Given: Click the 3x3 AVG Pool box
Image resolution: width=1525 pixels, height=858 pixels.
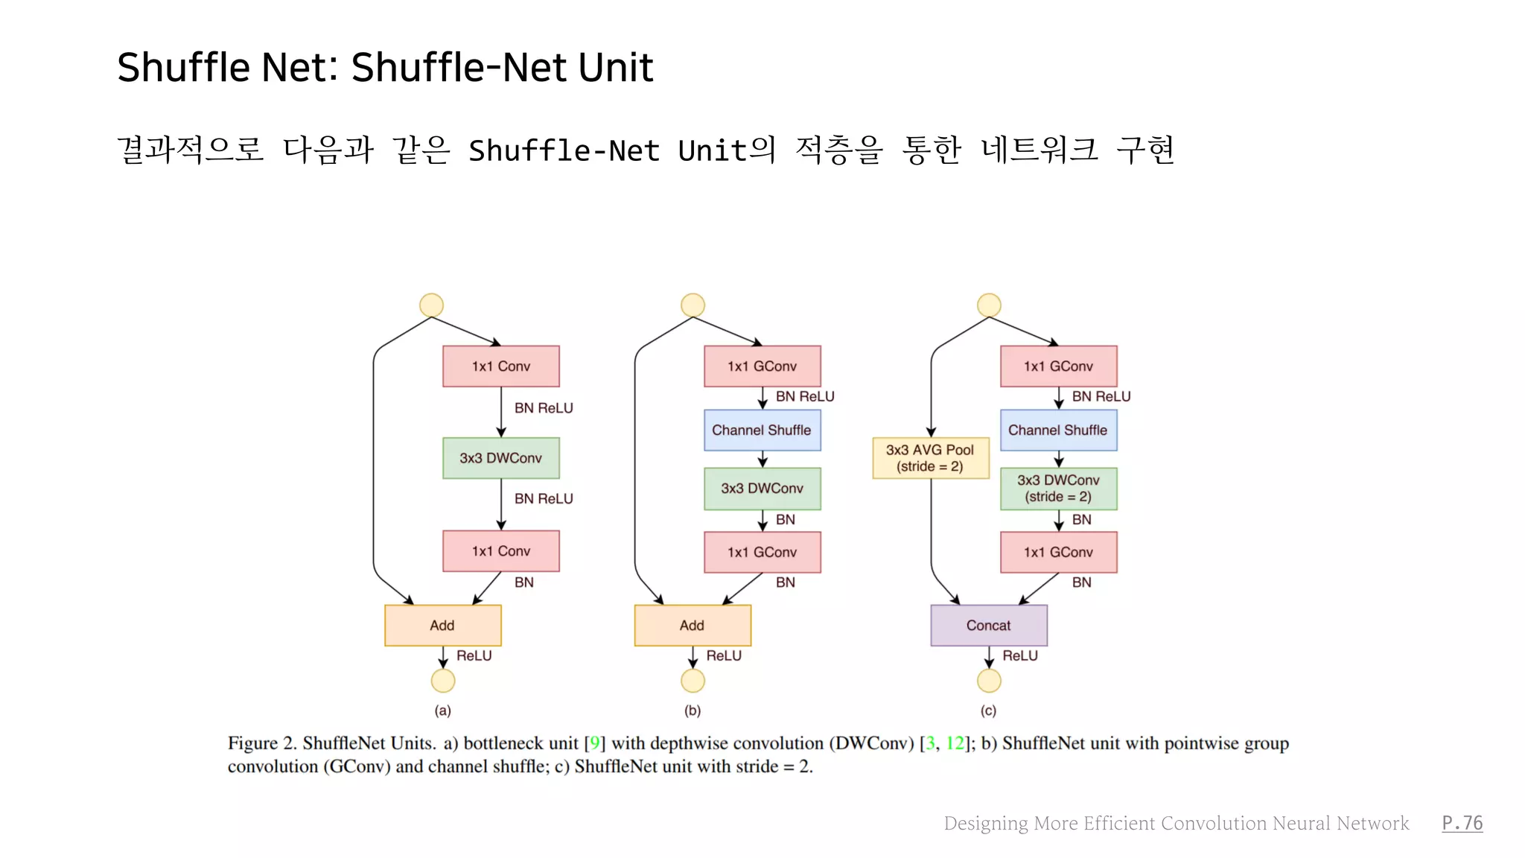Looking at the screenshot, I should coord(930,458).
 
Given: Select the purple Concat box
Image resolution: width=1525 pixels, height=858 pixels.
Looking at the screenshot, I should coord(988,626).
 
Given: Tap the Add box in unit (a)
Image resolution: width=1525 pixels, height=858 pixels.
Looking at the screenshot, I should coord(442,626).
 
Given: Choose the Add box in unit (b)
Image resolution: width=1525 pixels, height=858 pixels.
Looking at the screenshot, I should coord(692,626).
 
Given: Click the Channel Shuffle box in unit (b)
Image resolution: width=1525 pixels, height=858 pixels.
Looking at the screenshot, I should coord(762,430).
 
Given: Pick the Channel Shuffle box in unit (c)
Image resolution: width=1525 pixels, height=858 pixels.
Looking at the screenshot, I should coord(1058,430).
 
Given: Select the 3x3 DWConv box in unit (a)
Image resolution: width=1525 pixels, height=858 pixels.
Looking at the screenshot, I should coord(500,458).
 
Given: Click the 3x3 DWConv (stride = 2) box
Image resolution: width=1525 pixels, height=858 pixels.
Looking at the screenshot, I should coord(1058,489).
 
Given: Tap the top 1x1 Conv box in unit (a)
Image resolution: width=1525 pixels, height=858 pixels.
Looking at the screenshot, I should coord(500,366).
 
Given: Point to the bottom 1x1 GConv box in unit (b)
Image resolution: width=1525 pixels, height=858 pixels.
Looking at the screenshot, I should coord(762,552).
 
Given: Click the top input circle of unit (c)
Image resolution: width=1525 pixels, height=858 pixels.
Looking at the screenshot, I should coord(989,305).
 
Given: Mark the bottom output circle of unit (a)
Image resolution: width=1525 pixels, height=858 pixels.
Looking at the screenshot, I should coord(443,681).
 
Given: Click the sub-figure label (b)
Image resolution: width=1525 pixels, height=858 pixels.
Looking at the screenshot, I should coord(693,711).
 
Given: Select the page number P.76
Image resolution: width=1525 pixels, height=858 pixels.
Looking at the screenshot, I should coord(1462,823).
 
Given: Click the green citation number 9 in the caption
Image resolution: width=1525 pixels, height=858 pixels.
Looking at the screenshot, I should coord(594,743).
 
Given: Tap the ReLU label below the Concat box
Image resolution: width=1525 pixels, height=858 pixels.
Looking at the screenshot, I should coord(1019,656).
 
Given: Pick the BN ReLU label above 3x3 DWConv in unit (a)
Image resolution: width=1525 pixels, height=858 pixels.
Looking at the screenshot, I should coord(544,408).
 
